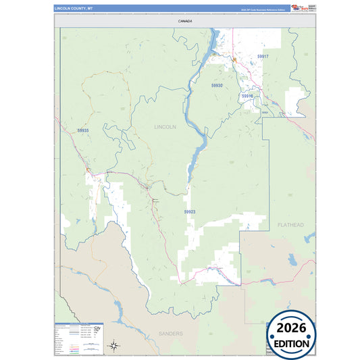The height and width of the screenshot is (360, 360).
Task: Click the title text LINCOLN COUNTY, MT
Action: click(x=73, y=8)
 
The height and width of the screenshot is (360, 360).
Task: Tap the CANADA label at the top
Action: click(x=185, y=21)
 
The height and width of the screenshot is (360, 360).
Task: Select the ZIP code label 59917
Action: click(x=263, y=56)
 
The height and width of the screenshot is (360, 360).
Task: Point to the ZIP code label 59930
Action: click(x=216, y=86)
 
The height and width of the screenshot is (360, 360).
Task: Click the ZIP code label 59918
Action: click(x=247, y=96)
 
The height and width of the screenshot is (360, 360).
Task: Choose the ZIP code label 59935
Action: click(x=82, y=130)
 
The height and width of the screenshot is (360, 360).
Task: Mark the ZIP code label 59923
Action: click(x=190, y=211)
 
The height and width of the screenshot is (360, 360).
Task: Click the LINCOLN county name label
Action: click(x=165, y=126)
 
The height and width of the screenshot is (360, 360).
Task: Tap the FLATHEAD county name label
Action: click(x=290, y=224)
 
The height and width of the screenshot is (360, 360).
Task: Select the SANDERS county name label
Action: click(x=170, y=334)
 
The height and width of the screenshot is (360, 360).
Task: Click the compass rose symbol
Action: click(x=115, y=346)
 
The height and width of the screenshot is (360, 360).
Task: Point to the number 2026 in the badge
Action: click(x=292, y=329)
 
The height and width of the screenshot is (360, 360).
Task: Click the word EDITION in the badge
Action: click(x=292, y=344)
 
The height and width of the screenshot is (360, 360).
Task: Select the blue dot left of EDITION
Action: click(x=272, y=344)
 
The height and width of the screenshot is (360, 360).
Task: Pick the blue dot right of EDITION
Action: click(x=314, y=344)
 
